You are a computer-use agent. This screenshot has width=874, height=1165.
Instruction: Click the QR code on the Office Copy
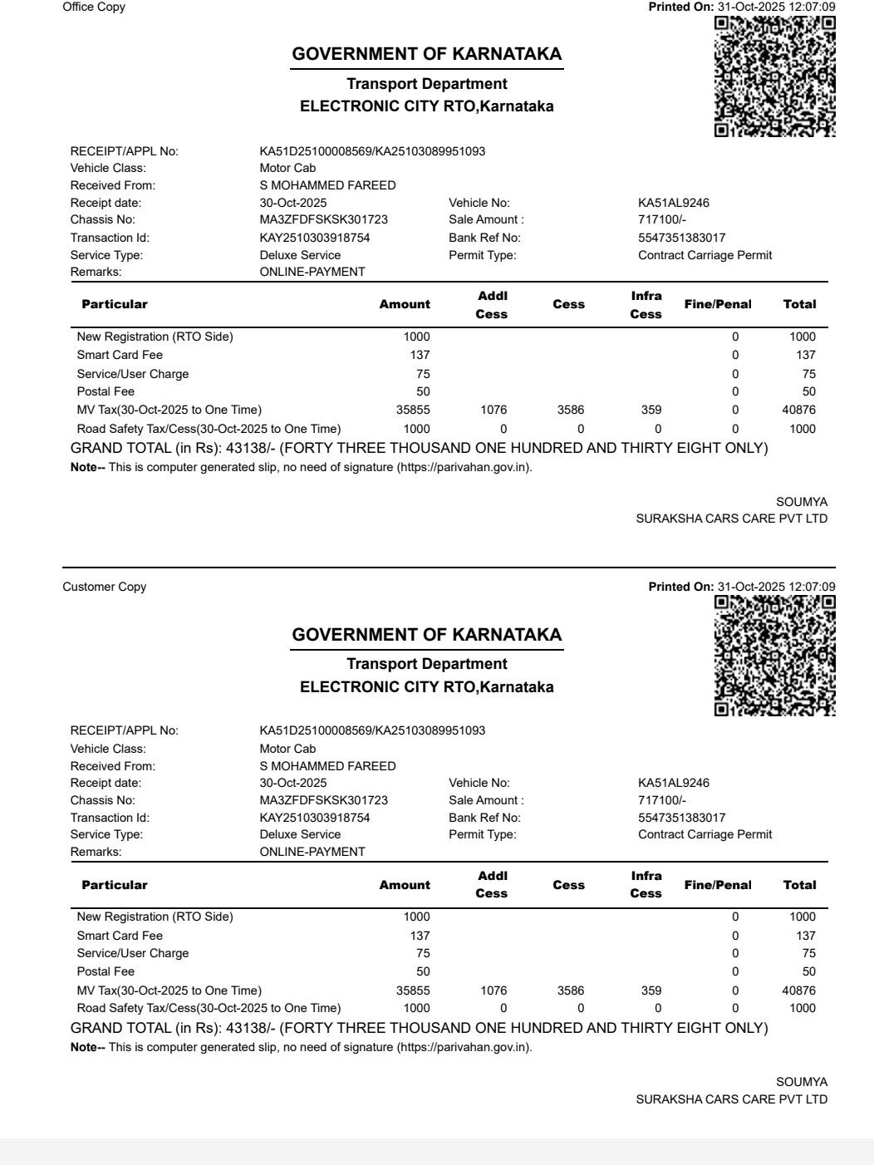pos(774,76)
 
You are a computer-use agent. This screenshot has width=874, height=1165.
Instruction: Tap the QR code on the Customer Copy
pos(774,656)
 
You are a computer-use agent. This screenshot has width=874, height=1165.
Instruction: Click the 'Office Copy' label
pos(94,7)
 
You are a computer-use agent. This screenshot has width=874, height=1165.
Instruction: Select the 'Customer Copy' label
pos(105,587)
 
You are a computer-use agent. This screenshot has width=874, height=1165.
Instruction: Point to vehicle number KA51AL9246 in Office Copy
pos(673,204)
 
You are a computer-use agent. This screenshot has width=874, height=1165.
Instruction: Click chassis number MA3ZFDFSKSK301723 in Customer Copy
pos(323,801)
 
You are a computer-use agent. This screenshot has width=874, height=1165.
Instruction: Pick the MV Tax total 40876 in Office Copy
pos(798,410)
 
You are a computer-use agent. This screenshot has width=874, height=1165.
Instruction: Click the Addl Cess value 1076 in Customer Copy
pos(493,990)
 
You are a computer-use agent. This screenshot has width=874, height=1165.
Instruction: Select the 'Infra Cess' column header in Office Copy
pos(646,305)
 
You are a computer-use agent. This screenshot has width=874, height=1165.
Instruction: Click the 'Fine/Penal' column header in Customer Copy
pos(718,886)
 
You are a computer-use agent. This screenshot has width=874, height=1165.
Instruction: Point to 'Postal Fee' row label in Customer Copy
pos(106,972)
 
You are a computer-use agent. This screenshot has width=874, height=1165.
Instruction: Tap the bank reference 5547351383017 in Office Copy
pos(681,238)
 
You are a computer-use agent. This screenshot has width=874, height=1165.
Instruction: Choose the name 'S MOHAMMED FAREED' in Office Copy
pos(327,186)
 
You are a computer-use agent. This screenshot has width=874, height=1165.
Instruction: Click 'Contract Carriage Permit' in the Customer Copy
pos(705,835)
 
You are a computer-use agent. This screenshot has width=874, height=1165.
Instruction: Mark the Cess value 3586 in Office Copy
pos(571,410)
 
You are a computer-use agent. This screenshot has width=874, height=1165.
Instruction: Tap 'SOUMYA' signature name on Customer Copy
pos(802,1083)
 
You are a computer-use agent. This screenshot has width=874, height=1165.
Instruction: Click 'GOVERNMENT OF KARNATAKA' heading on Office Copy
pos(427,55)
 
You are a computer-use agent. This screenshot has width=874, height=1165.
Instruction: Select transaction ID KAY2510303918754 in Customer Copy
pos(315,818)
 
